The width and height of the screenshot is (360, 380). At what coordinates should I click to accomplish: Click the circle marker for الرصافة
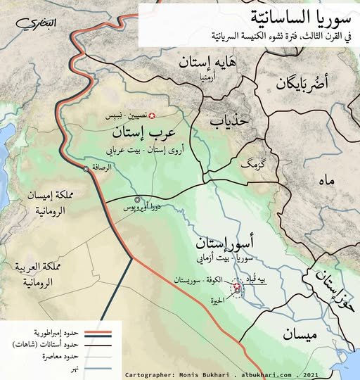(86, 169)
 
